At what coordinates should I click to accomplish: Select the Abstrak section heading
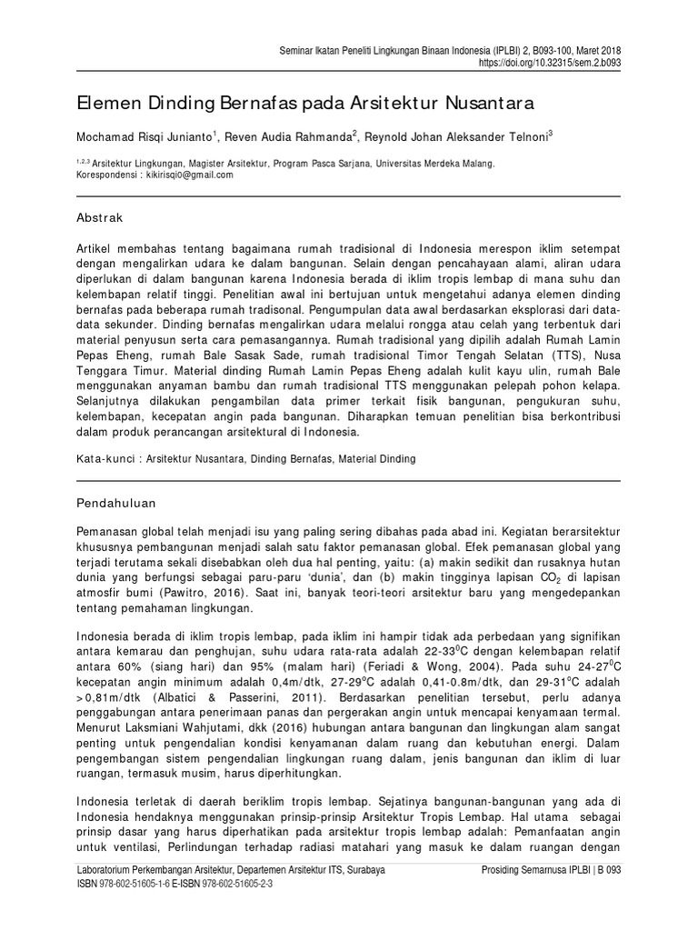(99, 218)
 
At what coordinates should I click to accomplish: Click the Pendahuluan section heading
(116, 501)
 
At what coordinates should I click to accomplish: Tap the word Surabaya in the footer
(363, 870)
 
